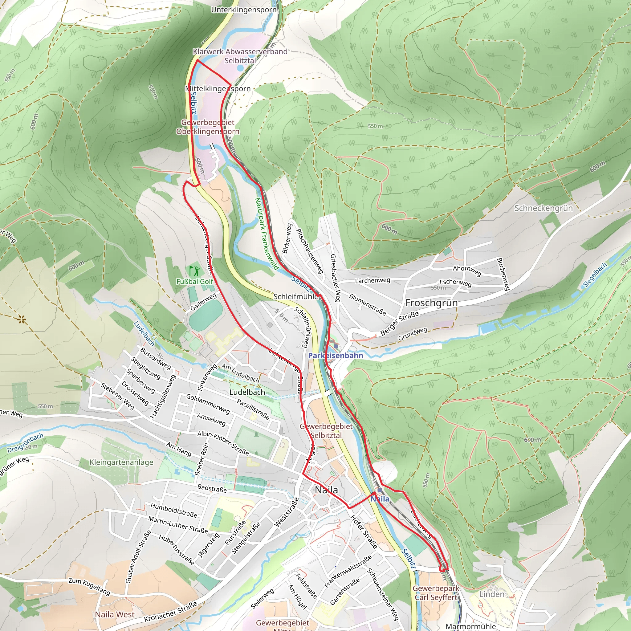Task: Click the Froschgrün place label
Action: (431, 303)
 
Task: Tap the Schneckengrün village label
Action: (543, 208)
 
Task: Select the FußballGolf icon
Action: (194, 271)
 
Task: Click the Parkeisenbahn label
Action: (336, 355)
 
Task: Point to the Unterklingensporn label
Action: (244, 10)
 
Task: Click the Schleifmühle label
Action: (295, 297)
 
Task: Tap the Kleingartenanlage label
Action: (121, 462)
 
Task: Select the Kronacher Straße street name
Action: (170, 611)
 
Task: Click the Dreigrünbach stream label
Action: (25, 443)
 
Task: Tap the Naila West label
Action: (115, 614)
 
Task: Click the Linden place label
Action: (491, 594)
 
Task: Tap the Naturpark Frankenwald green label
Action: (267, 234)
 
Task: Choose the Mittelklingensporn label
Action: (218, 89)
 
